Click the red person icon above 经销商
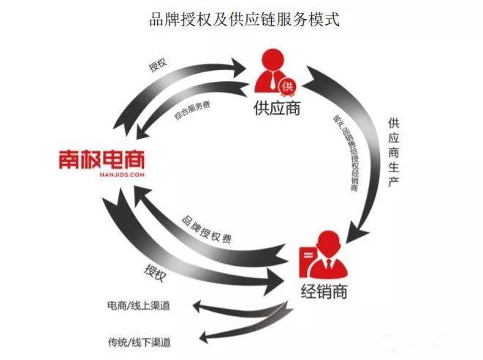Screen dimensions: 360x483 [328, 252]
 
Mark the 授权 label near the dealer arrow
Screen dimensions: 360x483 [156, 273]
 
